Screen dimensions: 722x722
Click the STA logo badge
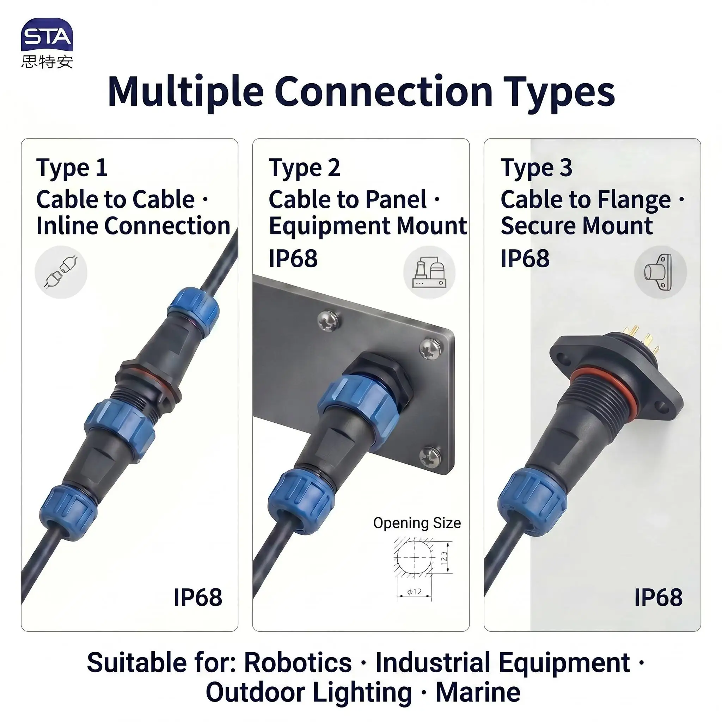click(x=47, y=35)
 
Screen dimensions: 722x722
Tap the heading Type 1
click(x=72, y=168)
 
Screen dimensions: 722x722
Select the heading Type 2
click(x=304, y=168)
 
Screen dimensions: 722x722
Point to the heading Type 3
click(x=536, y=168)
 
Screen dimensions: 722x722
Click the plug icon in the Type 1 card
click(x=61, y=272)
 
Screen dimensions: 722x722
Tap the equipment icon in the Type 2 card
click(x=429, y=272)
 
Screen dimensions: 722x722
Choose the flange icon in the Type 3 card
click(x=660, y=272)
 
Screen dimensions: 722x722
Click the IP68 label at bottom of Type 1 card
click(x=198, y=598)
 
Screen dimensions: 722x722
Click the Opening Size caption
click(x=417, y=523)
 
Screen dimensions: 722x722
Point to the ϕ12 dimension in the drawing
click(x=415, y=592)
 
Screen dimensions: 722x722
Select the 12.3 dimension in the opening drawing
click(x=444, y=558)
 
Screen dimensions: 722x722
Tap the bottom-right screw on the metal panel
click(x=430, y=457)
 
